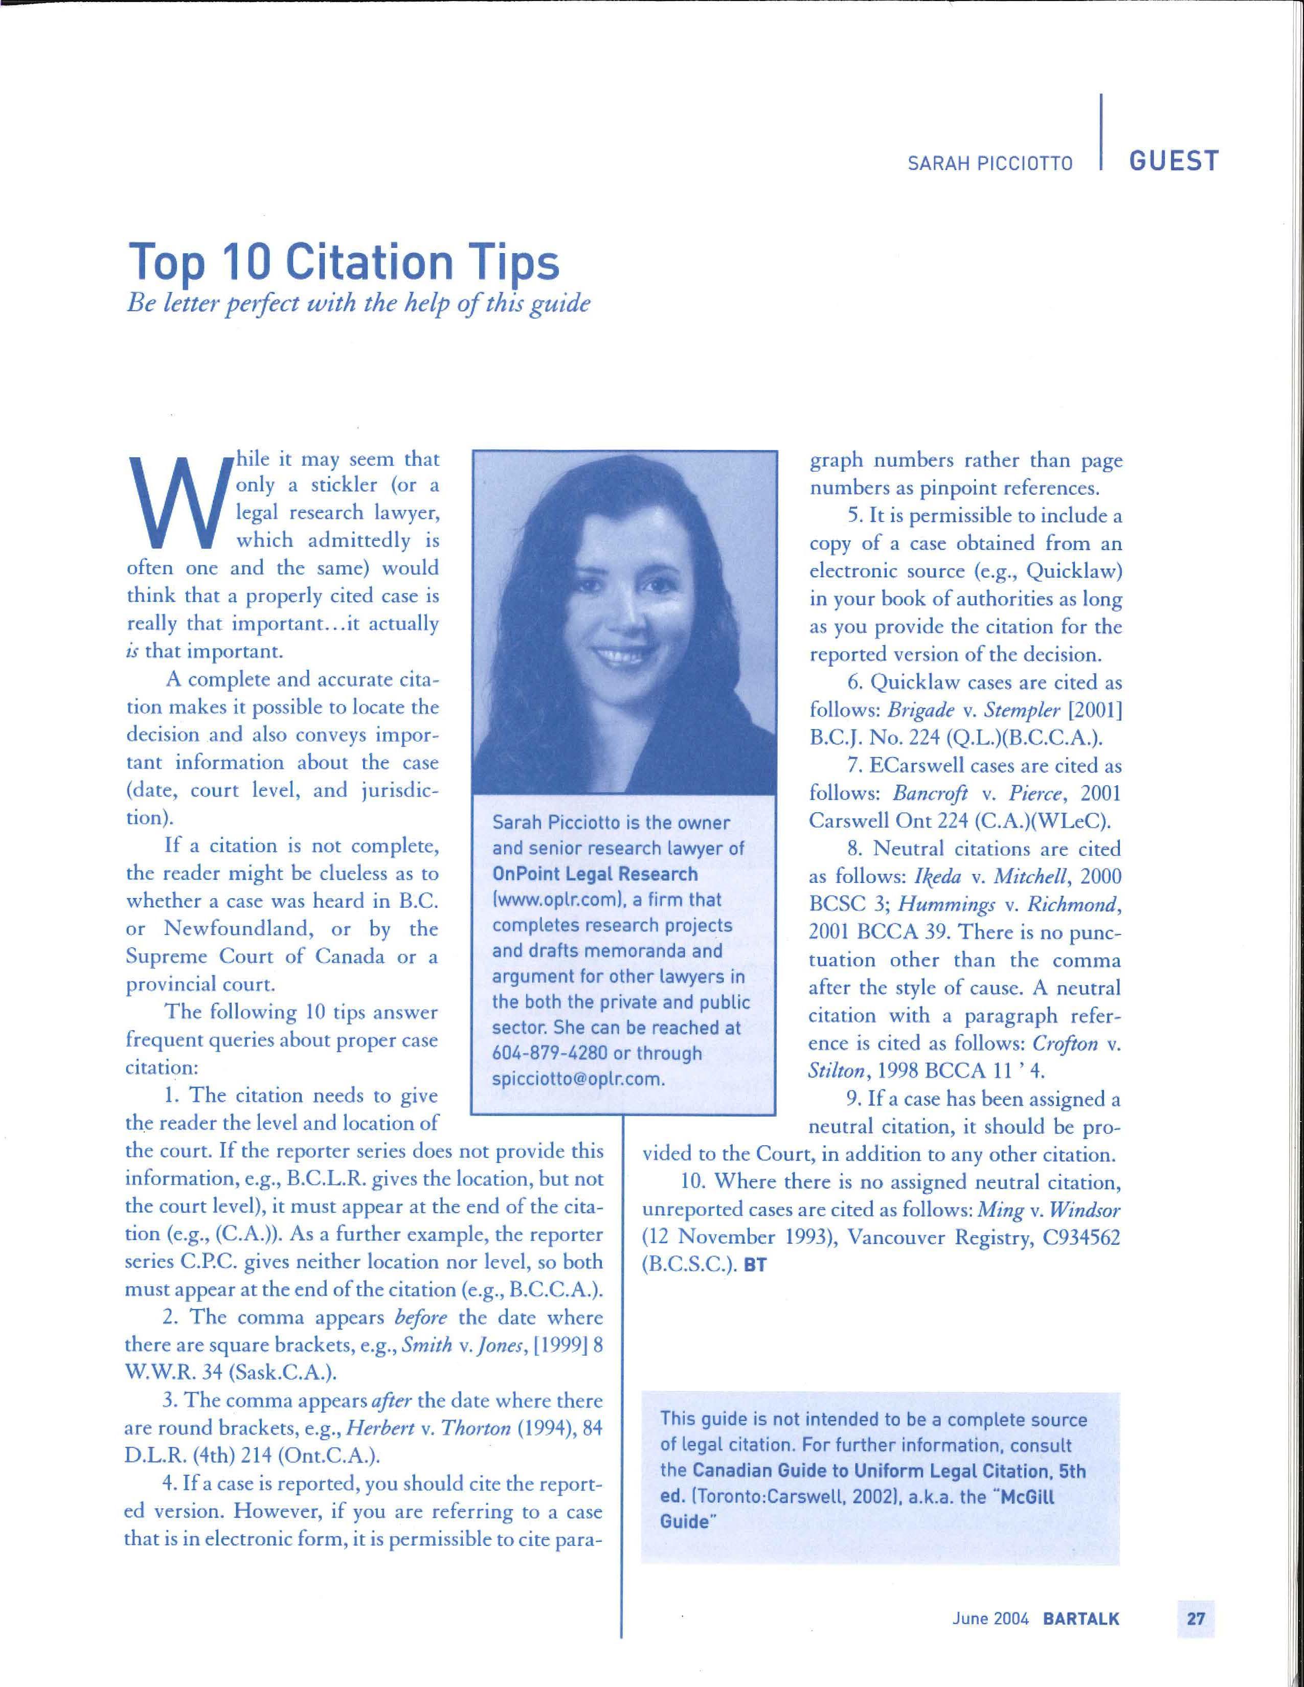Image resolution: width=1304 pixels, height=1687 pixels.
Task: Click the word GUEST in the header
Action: [x=1174, y=162]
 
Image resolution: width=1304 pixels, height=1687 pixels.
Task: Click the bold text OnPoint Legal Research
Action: [x=595, y=874]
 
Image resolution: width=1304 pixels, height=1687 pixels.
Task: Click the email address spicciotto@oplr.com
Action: [x=578, y=1079]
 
